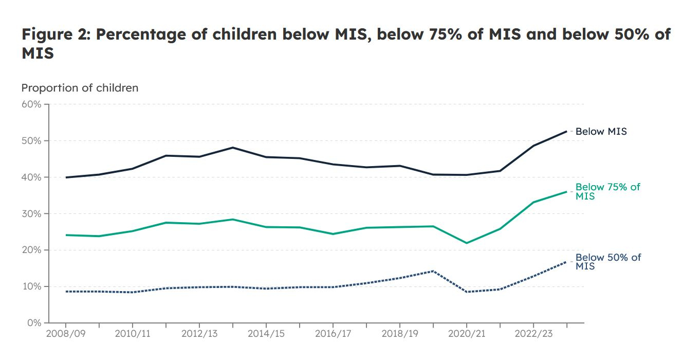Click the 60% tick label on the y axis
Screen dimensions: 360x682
coord(31,104)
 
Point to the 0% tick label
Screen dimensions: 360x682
coord(33,323)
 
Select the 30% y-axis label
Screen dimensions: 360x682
coord(31,214)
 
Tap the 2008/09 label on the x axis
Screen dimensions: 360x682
coord(65,334)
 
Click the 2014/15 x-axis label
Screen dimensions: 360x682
coord(266,334)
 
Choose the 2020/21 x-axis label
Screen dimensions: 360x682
coord(466,334)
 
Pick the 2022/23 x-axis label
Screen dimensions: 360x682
coord(533,334)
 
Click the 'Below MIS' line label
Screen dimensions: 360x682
coord(601,132)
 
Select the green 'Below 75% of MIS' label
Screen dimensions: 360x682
coord(607,191)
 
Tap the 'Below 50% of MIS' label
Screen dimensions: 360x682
coord(608,262)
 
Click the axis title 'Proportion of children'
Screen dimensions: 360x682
coord(80,88)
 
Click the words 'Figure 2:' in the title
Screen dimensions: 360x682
coord(56,35)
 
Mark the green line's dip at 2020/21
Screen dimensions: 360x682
coord(466,243)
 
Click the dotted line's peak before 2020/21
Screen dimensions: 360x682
coord(433,271)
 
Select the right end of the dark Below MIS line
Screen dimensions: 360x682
coord(566,131)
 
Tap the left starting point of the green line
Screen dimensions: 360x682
coord(66,235)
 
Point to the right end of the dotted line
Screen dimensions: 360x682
coord(566,262)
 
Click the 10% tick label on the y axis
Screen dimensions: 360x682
coord(31,286)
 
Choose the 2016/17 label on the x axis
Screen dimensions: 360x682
coord(333,334)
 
